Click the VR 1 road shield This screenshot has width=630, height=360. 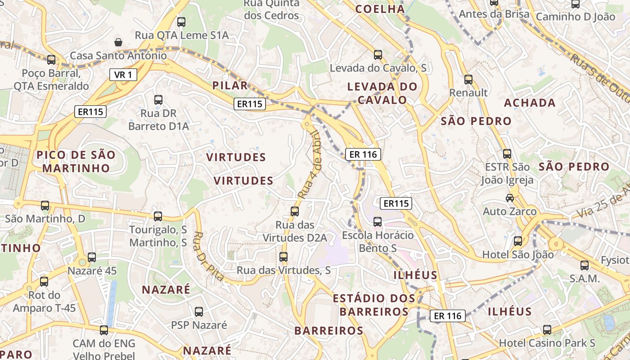123,75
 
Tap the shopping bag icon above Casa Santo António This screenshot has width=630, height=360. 118,42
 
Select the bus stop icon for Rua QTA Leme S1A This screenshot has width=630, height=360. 181,22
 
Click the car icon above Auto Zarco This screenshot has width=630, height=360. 510,198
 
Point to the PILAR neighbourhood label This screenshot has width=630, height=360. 230,85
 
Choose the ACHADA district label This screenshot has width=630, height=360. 530,103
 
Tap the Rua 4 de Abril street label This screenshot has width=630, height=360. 309,165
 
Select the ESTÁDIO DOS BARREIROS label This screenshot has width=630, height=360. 374,305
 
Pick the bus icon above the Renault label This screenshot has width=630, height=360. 468,80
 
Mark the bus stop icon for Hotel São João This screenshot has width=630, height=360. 518,241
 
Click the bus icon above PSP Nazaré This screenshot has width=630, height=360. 198,311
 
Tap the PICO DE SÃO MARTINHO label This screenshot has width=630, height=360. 76,162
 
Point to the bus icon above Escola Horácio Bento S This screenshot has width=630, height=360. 378,221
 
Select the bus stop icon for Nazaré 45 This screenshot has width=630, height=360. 92,257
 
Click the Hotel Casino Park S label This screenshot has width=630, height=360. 547,343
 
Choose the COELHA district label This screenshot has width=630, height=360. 380,9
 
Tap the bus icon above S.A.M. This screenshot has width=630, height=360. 585,265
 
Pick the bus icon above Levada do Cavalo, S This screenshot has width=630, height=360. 378,55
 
